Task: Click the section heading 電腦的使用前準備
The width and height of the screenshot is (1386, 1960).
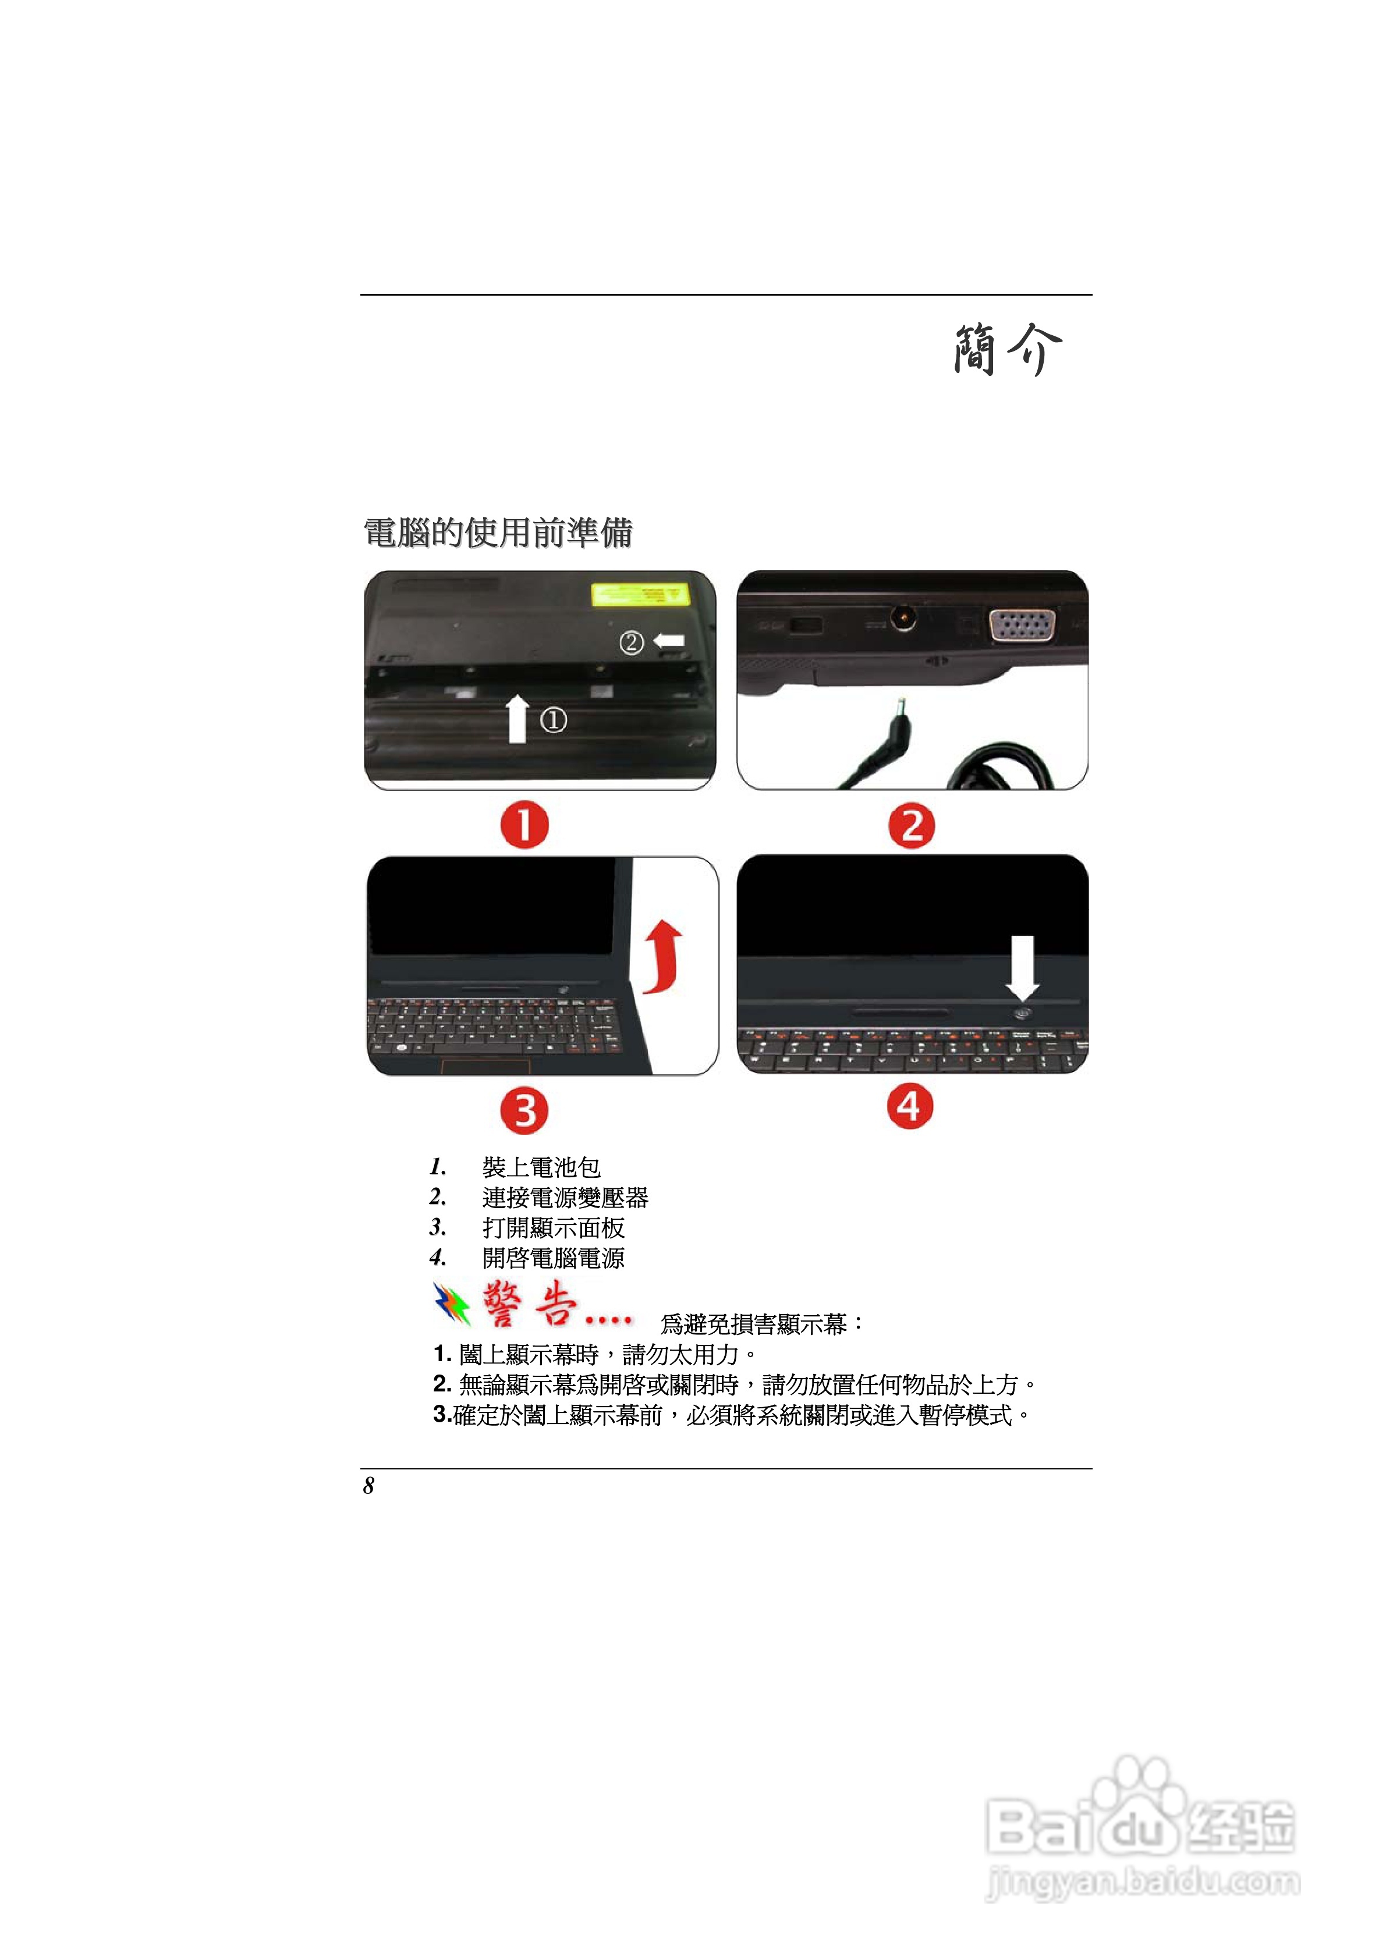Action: pyautogui.click(x=498, y=532)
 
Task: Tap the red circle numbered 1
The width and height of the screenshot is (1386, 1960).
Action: pyautogui.click(x=524, y=825)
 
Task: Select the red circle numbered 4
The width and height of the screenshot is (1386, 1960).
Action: pyautogui.click(x=909, y=1107)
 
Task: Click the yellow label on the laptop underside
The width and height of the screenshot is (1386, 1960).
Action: pyautogui.click(x=640, y=594)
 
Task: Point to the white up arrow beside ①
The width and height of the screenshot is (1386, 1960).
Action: pyautogui.click(x=517, y=718)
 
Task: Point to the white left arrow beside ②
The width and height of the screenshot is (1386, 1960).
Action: pyautogui.click(x=669, y=640)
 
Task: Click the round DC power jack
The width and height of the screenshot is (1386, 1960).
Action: pyautogui.click(x=903, y=617)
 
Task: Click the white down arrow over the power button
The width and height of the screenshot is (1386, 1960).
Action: pyautogui.click(x=1022, y=967)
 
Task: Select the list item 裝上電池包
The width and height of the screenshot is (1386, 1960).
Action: pyautogui.click(x=541, y=1167)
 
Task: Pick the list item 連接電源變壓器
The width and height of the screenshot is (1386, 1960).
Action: pyautogui.click(x=565, y=1198)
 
